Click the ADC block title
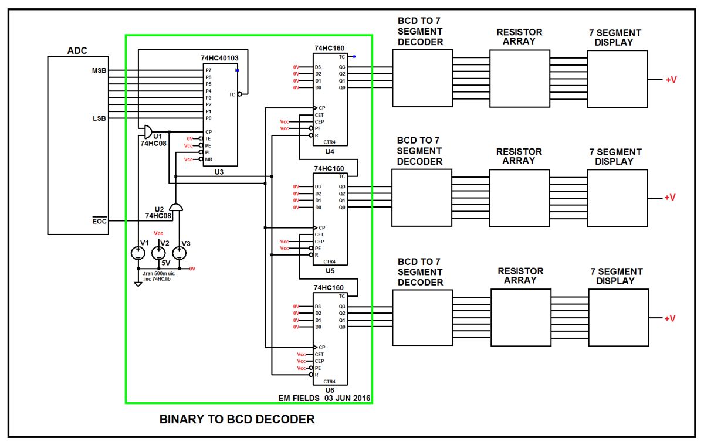coord(77,51)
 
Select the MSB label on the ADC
coord(99,70)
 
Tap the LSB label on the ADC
coord(99,118)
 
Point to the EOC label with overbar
coord(99,221)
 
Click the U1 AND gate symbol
coord(148,130)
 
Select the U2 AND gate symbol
coord(175,207)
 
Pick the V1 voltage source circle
coord(138,253)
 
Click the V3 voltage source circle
coord(180,253)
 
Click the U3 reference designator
coord(219,172)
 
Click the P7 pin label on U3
coord(208,70)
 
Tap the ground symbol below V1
coord(138,284)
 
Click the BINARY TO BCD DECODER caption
coord(237,419)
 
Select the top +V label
coord(671,79)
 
